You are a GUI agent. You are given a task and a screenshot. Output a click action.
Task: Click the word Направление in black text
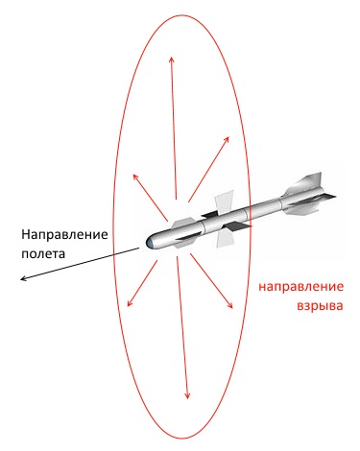point(64,235)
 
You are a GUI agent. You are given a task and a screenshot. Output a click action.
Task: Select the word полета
point(43,254)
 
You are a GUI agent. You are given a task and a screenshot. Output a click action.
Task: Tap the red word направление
point(300,287)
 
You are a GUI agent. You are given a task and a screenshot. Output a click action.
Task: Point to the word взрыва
point(320,305)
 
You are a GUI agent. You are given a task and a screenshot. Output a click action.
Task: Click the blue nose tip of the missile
point(148,243)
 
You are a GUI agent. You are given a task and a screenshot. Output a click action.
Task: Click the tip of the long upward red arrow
point(172,58)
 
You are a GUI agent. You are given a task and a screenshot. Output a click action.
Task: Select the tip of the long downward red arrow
point(187,398)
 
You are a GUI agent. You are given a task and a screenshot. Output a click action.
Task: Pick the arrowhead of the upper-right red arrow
point(229,137)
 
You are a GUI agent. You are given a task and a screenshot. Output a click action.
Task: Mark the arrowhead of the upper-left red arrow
point(133,174)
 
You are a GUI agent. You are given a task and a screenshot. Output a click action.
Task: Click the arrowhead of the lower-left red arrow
point(128,306)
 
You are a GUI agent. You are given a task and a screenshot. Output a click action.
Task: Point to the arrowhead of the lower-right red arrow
point(232,308)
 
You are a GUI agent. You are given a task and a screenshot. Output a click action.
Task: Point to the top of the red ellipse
point(181,14)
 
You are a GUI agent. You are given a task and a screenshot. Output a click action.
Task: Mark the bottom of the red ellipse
point(181,439)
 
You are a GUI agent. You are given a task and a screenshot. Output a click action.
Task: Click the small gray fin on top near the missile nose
point(182,223)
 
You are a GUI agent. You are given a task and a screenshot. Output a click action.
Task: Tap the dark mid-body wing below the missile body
point(237,226)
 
